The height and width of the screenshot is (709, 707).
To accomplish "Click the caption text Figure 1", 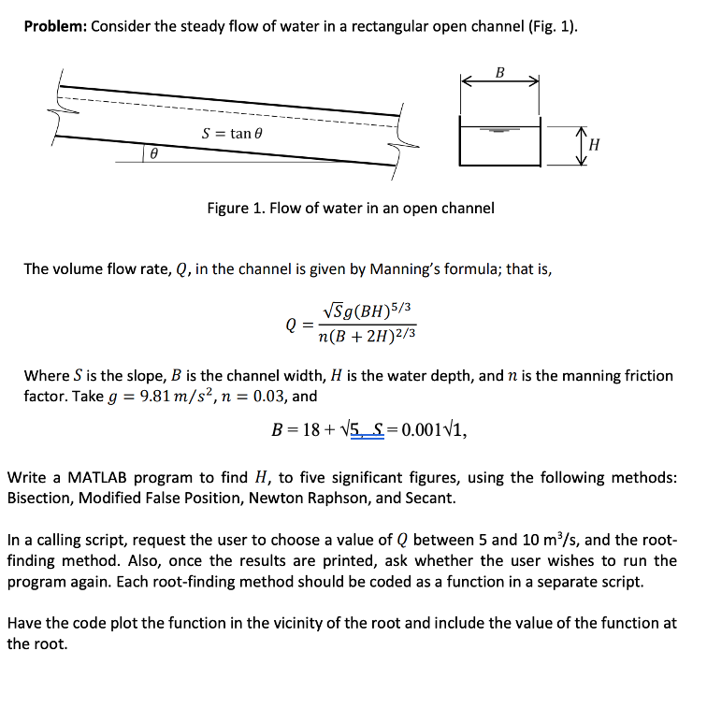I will pyautogui.click(x=234, y=208).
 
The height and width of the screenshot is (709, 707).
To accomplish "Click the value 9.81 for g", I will pyautogui.click(x=156, y=396).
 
